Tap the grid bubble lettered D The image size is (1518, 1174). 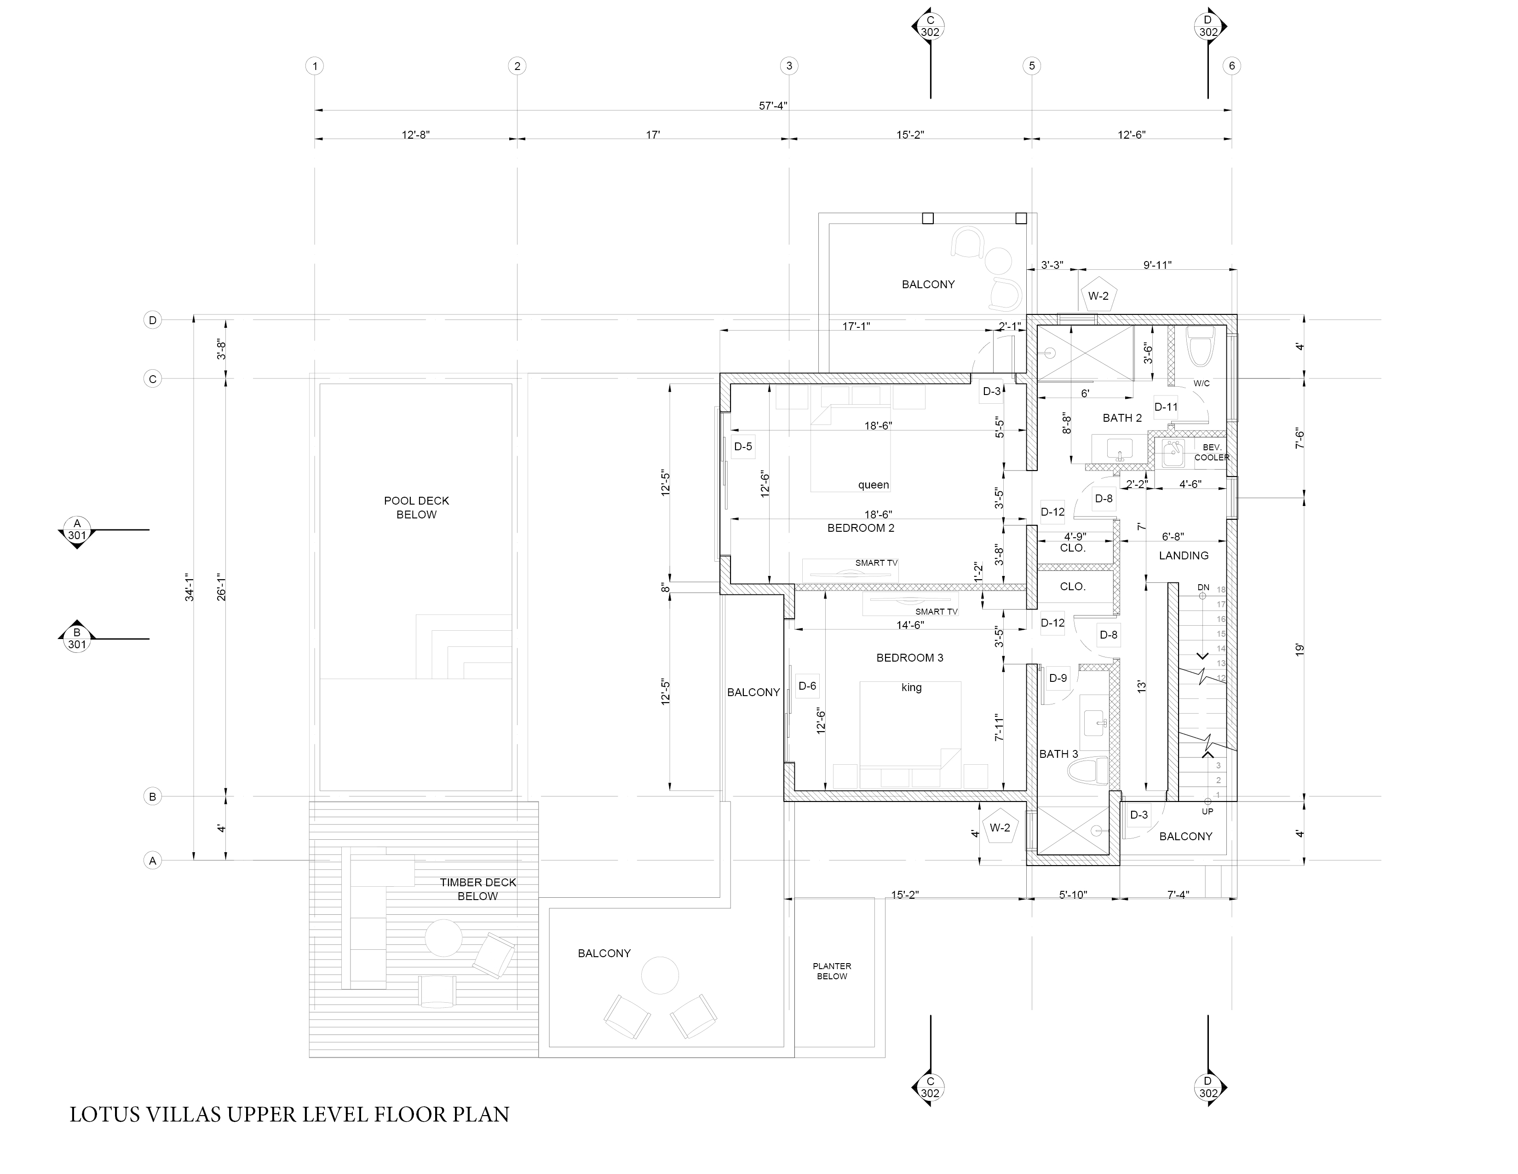tap(152, 320)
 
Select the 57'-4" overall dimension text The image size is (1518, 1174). tap(773, 106)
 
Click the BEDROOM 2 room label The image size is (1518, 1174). tap(861, 528)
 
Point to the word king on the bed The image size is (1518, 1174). tap(911, 687)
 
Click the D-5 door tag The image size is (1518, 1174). tap(743, 447)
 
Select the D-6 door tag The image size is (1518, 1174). tap(807, 686)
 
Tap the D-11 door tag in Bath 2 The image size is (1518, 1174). tap(1166, 407)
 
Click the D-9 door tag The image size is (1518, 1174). tap(1058, 678)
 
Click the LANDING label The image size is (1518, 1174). tap(1184, 556)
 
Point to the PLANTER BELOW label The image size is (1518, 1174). tap(832, 971)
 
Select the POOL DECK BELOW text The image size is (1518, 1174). tap(416, 508)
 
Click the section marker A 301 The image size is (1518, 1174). tap(77, 530)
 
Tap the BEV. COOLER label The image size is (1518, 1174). tap(1212, 452)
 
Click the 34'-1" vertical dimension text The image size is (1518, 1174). tap(189, 588)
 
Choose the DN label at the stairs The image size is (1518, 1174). tap(1203, 588)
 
